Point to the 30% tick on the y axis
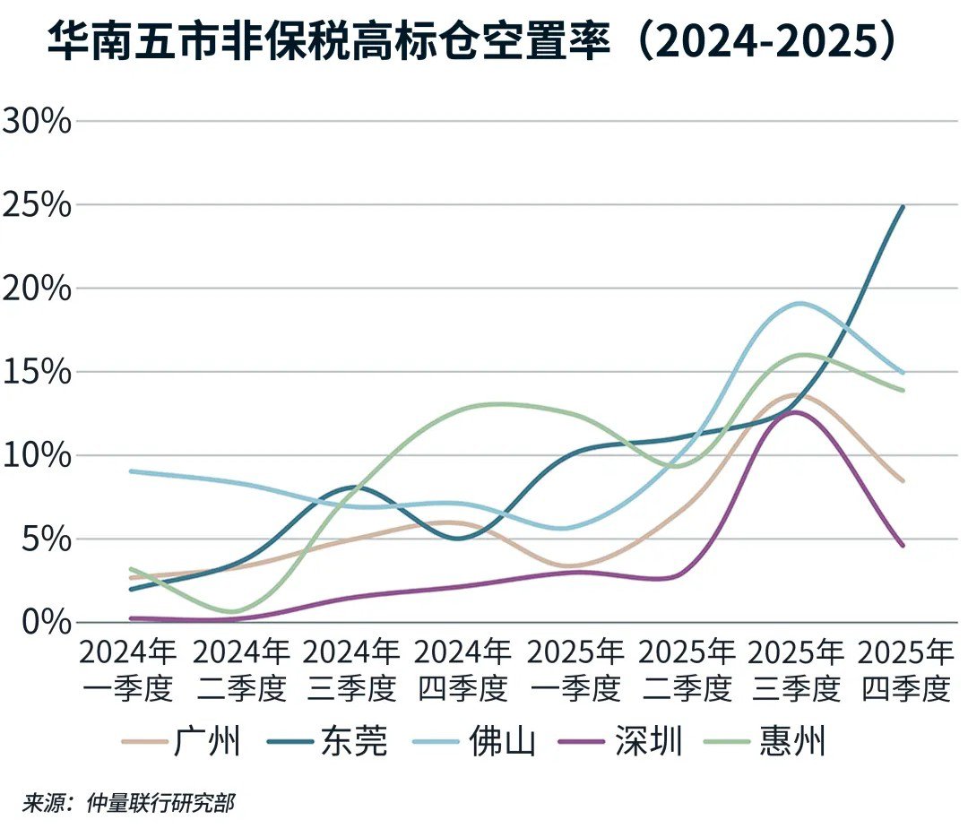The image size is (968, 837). pyautogui.click(x=36, y=120)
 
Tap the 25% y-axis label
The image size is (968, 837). pyautogui.click(x=36, y=204)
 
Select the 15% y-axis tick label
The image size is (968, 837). pyautogui.click(x=36, y=371)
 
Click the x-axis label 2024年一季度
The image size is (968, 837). pyautogui.click(x=128, y=669)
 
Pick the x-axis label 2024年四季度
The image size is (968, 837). pyautogui.click(x=463, y=669)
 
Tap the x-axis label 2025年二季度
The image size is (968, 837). pyautogui.click(x=687, y=669)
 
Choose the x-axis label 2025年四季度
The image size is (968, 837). pyautogui.click(x=906, y=669)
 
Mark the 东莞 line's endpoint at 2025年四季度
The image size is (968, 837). pyautogui.click(x=903, y=207)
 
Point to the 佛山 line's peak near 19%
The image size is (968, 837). pyautogui.click(x=798, y=303)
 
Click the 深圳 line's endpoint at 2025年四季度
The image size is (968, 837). pyautogui.click(x=903, y=545)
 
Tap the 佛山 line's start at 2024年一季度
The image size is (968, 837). pyautogui.click(x=131, y=470)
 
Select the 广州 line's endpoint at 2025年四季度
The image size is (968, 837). pyautogui.click(x=903, y=481)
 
